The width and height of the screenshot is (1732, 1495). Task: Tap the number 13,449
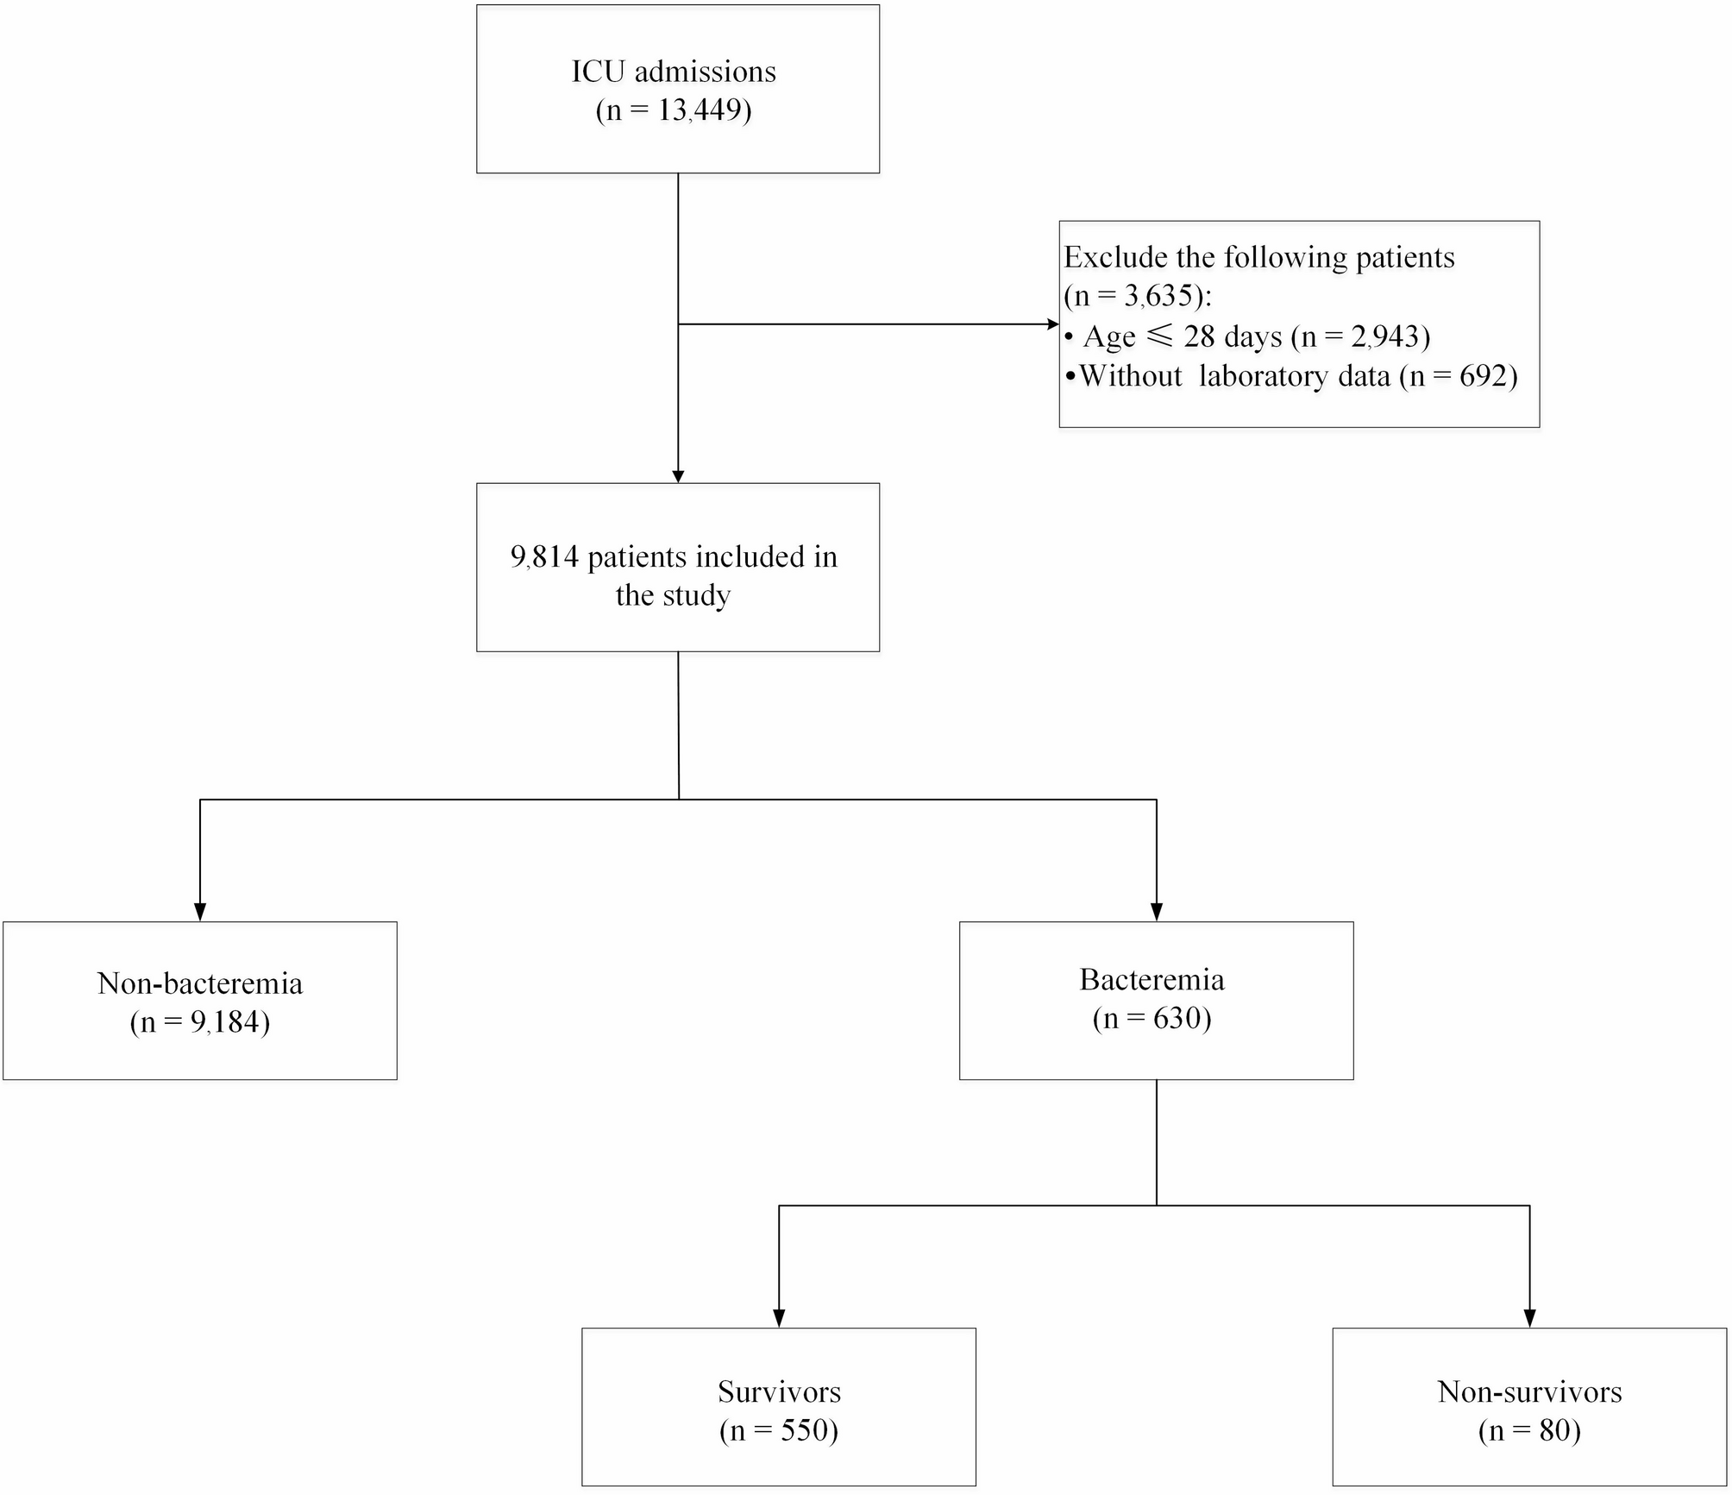pos(703,110)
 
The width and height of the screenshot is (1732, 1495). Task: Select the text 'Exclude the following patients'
pos(1258,257)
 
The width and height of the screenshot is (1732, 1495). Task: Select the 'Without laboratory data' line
pos(1233,376)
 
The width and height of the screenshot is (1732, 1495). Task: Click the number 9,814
pos(544,557)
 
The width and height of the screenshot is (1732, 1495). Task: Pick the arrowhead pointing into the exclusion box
pos(1052,324)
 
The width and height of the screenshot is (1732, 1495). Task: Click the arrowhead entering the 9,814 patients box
pos(678,476)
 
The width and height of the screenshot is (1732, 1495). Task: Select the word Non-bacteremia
pos(200,983)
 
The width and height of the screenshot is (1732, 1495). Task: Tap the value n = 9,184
pos(200,1022)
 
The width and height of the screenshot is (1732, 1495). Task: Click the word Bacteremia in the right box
pos(1152,980)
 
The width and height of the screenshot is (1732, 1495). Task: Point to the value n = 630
pos(1152,1019)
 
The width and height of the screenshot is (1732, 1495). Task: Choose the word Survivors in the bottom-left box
pos(779,1391)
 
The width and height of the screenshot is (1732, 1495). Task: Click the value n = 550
pos(779,1430)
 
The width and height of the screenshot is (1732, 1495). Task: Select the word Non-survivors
pos(1529,1391)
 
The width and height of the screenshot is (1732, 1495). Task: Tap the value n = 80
pos(1529,1430)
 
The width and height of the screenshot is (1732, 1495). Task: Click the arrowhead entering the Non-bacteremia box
pos(200,913)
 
